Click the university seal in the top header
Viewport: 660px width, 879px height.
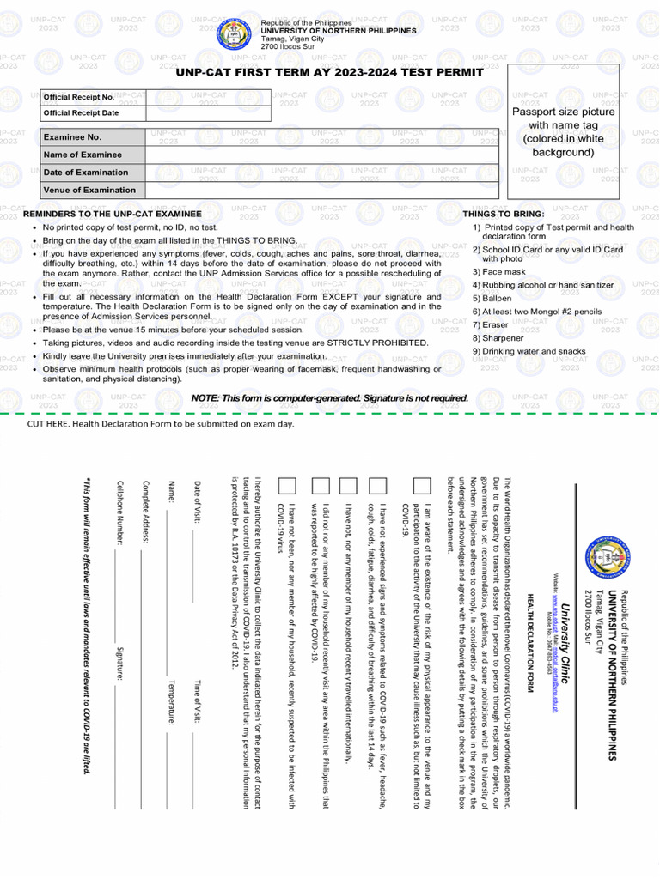(235, 34)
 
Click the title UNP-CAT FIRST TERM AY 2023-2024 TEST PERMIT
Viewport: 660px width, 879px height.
(330, 72)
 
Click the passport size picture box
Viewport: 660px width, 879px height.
(564, 131)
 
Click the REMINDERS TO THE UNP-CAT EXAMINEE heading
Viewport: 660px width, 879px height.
(113, 214)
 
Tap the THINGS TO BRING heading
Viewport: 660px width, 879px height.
(504, 214)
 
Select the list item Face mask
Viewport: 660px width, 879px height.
(498, 271)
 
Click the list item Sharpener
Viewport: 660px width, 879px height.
(498, 338)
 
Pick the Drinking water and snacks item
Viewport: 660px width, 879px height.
(529, 351)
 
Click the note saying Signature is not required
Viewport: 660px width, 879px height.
(330, 398)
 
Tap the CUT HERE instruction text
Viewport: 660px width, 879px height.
(161, 424)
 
